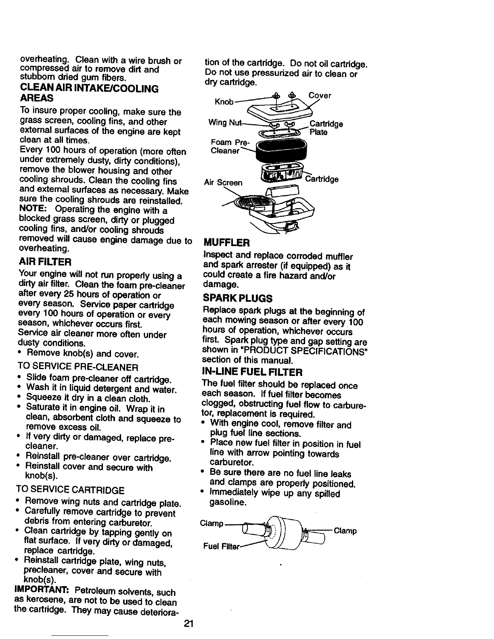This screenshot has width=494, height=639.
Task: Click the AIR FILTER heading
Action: coord(45,262)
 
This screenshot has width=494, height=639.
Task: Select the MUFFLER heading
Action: coord(227,243)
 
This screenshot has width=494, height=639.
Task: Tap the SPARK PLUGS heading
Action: coord(238,299)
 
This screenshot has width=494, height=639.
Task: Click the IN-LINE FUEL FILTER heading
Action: coord(252,372)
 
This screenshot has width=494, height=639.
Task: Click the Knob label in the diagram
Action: coord(224,102)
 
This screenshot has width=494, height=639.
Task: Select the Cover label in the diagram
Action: coord(320,96)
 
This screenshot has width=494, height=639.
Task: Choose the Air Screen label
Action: coord(223,182)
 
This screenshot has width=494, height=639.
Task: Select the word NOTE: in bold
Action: coord(33,210)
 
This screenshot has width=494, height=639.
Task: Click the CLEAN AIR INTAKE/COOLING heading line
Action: coord(89,89)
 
